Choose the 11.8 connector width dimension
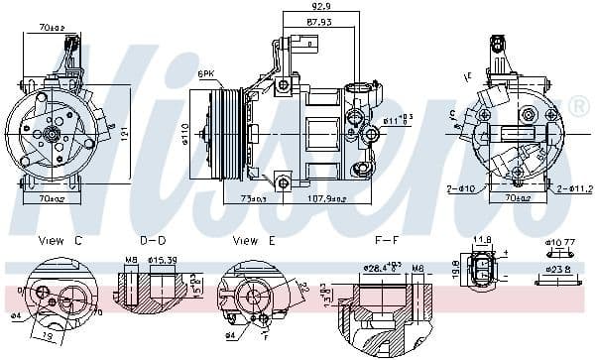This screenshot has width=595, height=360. [x=483, y=239]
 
